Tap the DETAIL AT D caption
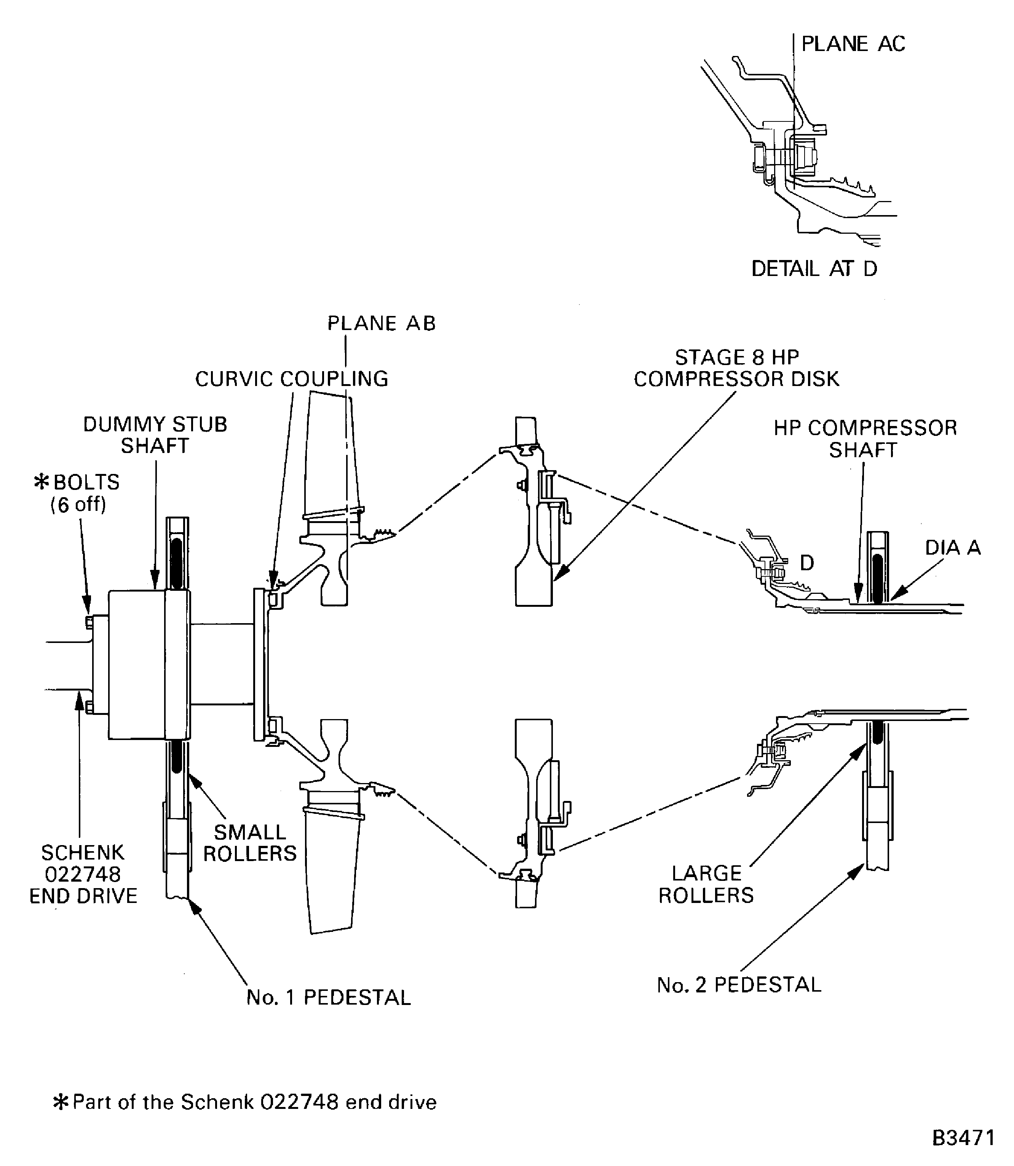click(814, 269)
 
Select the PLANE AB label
click(382, 324)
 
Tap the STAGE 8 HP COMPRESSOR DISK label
click(736, 368)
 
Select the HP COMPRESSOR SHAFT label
click(865, 439)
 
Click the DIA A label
click(952, 548)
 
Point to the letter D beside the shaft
click(807, 563)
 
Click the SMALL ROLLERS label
click(249, 842)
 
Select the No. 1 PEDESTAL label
click(328, 997)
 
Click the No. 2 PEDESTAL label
click(738, 985)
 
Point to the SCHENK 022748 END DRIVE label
click(83, 874)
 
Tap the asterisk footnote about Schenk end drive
click(245, 1102)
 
